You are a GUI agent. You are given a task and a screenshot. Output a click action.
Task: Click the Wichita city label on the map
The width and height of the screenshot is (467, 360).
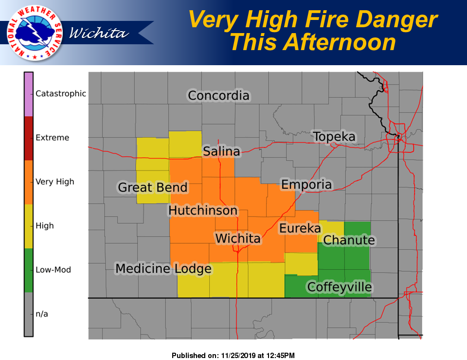[x=238, y=239]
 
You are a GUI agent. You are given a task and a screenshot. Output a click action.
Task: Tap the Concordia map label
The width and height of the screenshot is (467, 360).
[x=218, y=95]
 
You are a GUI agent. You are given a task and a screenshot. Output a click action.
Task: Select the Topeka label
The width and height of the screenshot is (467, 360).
[x=334, y=137]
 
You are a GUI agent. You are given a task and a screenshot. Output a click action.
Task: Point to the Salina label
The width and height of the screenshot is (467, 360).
[x=221, y=152]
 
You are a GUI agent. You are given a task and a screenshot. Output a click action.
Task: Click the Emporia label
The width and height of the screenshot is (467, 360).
[x=306, y=184]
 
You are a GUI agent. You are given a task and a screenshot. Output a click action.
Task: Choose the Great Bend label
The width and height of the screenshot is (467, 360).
[x=153, y=187]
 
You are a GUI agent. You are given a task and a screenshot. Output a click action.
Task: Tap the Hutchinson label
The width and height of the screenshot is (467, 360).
[x=203, y=211]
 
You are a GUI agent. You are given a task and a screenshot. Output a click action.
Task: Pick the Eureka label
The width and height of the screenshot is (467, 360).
[x=300, y=228]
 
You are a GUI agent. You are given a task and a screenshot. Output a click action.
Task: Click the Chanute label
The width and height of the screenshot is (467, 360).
[x=349, y=240]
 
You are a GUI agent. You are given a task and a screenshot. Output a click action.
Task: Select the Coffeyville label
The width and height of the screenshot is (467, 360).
[x=340, y=287]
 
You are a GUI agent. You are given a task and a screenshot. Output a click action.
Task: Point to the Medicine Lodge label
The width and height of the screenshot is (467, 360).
[x=163, y=269]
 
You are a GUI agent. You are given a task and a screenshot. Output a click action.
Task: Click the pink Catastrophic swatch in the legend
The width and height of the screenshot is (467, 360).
[x=29, y=94]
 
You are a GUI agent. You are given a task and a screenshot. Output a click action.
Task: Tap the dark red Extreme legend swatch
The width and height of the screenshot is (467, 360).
[x=29, y=138]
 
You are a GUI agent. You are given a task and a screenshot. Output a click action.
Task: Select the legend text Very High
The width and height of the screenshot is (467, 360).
[x=55, y=182]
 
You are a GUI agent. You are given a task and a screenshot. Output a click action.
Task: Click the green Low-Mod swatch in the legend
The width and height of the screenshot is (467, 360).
[x=29, y=270]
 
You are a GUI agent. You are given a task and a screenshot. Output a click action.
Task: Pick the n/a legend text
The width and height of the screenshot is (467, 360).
[x=42, y=314]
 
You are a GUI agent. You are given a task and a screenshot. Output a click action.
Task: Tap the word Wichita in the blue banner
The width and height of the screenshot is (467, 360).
[x=99, y=33]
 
